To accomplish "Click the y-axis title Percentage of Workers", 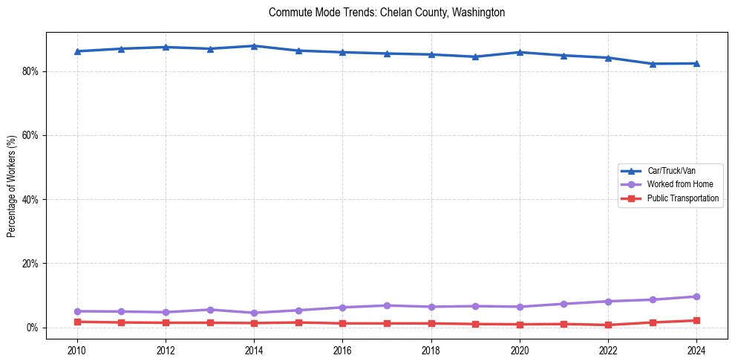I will point(11,186).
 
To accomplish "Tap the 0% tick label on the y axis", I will point(32,328).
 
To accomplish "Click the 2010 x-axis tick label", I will point(77,349).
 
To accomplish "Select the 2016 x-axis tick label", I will point(342,349).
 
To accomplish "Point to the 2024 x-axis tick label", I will point(696,349).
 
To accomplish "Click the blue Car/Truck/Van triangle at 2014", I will point(254,46).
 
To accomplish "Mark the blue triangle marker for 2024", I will point(696,63).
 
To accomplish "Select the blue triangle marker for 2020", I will point(520,52).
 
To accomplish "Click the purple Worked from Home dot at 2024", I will point(696,296).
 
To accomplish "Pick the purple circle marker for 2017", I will point(387,305).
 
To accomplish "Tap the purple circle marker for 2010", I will point(77,311).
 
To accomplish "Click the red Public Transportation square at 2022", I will point(608,325).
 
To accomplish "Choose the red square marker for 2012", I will point(166,322).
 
